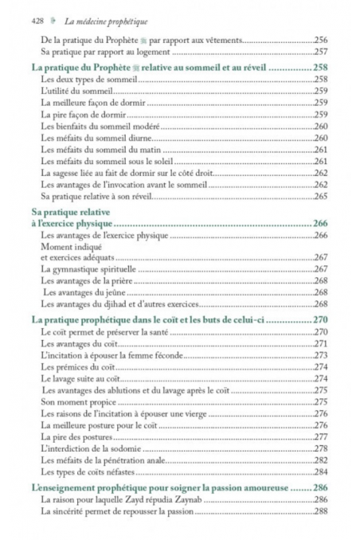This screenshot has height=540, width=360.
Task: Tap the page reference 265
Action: pos(321,195)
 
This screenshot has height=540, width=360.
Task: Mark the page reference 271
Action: pos(321,342)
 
